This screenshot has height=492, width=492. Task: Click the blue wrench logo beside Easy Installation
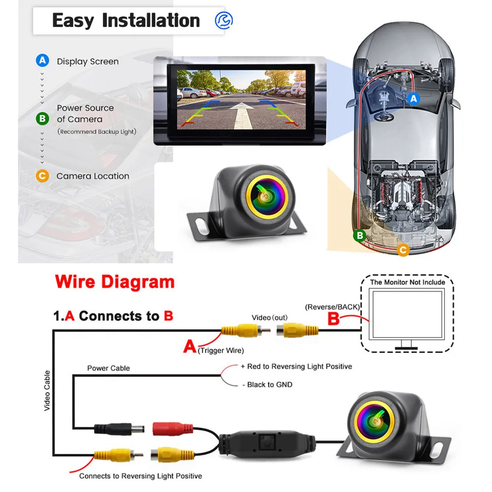tap(224, 21)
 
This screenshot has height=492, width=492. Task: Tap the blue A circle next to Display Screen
tap(42, 60)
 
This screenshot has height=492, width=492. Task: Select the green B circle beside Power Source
tap(42, 119)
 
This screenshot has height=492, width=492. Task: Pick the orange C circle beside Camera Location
tap(42, 176)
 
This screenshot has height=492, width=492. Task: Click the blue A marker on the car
tap(414, 98)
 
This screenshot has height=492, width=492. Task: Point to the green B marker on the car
tap(360, 235)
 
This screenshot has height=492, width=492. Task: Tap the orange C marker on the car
tap(403, 250)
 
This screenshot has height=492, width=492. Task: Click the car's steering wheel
tap(383, 116)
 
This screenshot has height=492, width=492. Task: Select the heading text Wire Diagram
tap(115, 281)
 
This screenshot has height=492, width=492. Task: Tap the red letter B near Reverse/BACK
tap(333, 318)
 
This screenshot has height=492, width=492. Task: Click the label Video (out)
tap(270, 317)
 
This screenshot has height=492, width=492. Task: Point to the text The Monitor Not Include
tap(407, 282)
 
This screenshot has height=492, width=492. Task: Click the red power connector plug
tap(173, 429)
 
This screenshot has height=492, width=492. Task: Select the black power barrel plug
tap(119, 429)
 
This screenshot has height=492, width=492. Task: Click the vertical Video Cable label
tap(47, 391)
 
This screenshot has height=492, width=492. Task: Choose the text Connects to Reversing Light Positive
tap(141, 476)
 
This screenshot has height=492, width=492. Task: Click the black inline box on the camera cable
tap(267, 443)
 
